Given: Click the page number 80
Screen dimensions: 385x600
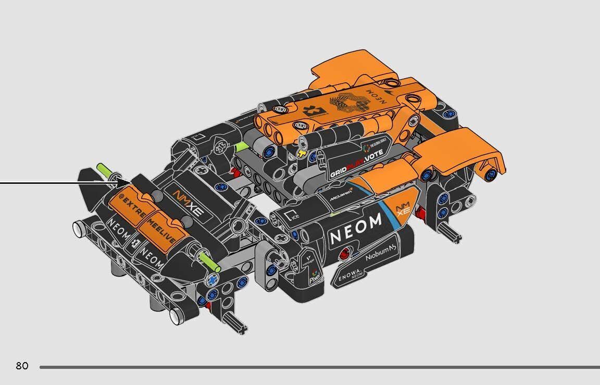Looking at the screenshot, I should point(22,366).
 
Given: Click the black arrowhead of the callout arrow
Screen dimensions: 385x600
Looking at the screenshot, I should point(124,183).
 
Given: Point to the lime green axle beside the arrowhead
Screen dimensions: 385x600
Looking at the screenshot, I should point(105,170).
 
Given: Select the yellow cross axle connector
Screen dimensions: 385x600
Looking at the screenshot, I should point(303,154).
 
